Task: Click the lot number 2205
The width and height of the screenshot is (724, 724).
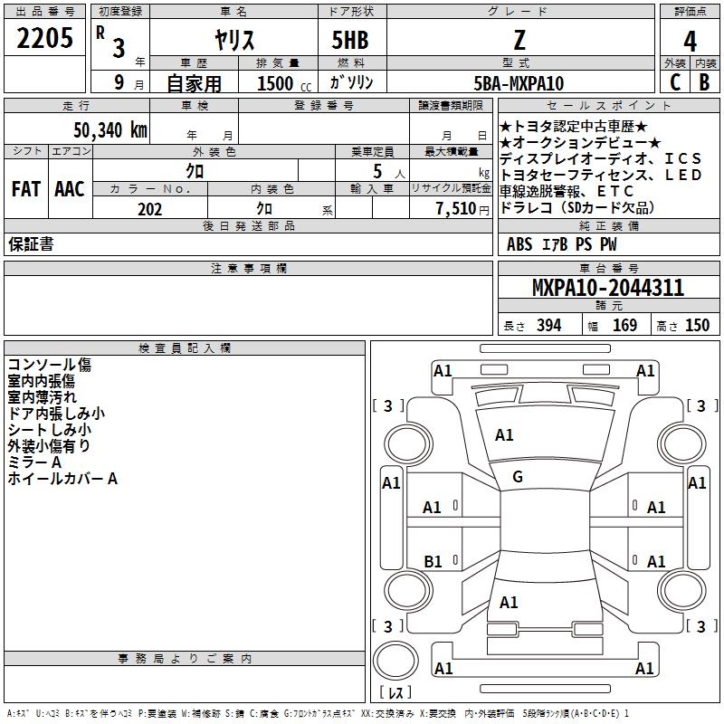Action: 45,38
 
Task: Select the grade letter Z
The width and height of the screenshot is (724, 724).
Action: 518,40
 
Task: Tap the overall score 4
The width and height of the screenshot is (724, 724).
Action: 691,42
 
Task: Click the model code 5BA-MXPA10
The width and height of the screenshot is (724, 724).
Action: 519,83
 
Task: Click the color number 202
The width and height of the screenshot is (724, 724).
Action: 150,209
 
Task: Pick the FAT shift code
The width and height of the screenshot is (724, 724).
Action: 25,189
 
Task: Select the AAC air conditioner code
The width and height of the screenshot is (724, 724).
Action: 70,189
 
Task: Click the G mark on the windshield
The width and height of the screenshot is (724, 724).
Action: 518,477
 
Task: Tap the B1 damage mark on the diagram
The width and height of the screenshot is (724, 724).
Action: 433,561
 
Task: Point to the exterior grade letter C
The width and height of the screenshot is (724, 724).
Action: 675,82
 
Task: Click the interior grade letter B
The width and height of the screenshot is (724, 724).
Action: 705,82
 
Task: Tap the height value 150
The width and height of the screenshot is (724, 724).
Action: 698,326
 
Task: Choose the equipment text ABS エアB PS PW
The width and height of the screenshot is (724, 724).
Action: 550,244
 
